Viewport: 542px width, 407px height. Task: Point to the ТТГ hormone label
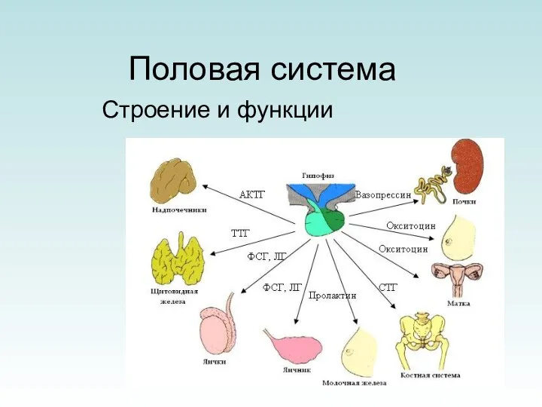click(239, 233)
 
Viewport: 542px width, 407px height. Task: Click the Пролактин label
click(332, 296)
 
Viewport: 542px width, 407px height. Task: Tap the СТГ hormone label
click(388, 287)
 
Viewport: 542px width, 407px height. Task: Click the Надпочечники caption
click(175, 211)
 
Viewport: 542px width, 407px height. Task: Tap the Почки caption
click(464, 201)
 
